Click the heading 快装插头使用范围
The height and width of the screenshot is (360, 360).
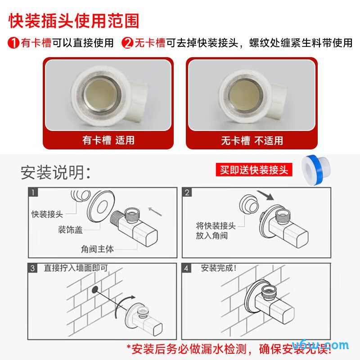coord(74,21)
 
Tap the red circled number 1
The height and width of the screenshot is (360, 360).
coord(13,43)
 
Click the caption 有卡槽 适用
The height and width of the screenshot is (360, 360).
coord(108,140)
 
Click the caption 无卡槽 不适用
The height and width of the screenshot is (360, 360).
coord(252,140)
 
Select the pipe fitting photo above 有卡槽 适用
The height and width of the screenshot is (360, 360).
coord(108,95)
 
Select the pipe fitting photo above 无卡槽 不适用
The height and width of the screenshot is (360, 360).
coord(252,95)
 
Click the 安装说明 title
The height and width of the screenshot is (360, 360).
coord(56,172)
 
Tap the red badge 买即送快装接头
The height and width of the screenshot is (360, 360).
coord(254,170)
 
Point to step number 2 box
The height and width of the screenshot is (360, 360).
coord(188,193)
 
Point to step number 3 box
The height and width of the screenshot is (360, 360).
coord(33,268)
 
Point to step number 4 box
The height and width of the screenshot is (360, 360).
coord(188,268)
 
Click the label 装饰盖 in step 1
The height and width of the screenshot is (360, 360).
coord(70,230)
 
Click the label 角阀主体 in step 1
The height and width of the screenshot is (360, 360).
coord(97,248)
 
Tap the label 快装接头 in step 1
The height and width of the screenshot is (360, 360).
coord(47,214)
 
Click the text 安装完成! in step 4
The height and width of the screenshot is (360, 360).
coord(219,268)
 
